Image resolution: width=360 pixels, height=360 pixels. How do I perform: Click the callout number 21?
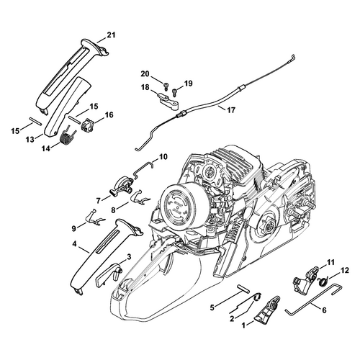[111, 35]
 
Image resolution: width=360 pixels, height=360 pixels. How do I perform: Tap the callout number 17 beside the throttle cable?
[231, 110]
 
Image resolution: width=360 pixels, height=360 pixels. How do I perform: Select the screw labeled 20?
[166, 85]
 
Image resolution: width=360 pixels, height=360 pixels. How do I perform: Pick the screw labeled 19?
[174, 91]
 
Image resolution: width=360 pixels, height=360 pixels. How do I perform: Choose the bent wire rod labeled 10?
[143, 168]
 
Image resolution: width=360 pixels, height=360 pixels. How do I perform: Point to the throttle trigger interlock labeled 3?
[109, 275]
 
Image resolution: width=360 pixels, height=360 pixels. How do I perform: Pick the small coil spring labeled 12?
[323, 281]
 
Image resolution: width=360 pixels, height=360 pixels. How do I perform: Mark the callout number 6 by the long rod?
[324, 310]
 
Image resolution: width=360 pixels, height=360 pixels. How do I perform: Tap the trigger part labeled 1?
[267, 310]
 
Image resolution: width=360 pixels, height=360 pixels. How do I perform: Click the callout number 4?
[74, 244]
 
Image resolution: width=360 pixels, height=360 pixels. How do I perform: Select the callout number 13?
[30, 140]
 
